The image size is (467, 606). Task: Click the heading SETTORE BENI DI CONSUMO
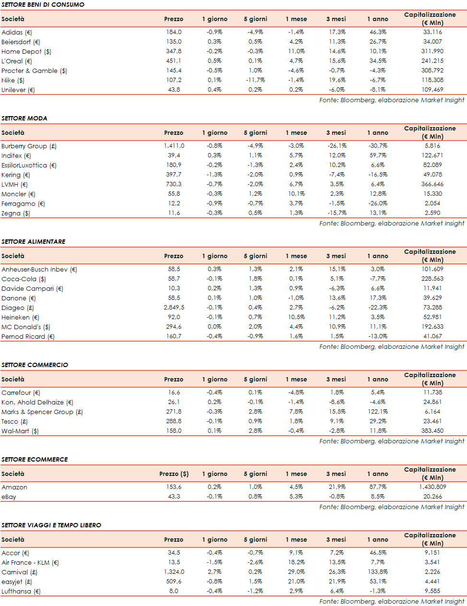(43, 4)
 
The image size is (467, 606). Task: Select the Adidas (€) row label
(17, 32)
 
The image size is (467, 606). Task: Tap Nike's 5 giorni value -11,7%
(255, 80)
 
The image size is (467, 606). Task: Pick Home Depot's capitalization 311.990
(432, 51)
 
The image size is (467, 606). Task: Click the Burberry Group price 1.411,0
(174, 146)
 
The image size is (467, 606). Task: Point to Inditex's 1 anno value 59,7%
(378, 155)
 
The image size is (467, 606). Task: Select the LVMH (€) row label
(14, 184)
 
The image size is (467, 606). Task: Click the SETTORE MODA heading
(24, 118)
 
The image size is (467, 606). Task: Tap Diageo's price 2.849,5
(174, 308)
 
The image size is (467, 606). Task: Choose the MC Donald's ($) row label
(26, 327)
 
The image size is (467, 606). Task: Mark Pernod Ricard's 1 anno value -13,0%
(378, 336)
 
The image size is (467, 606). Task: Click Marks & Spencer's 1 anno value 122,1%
(378, 412)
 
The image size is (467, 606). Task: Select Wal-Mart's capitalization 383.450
(432, 431)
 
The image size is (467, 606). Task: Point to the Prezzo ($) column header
(174, 474)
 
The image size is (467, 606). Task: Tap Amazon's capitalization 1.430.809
(432, 487)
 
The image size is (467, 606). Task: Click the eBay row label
(9, 497)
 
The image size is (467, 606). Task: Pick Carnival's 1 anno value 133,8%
(378, 572)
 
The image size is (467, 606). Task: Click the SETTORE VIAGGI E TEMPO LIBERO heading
(51, 525)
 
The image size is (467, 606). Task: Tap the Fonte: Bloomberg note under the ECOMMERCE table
(392, 507)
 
